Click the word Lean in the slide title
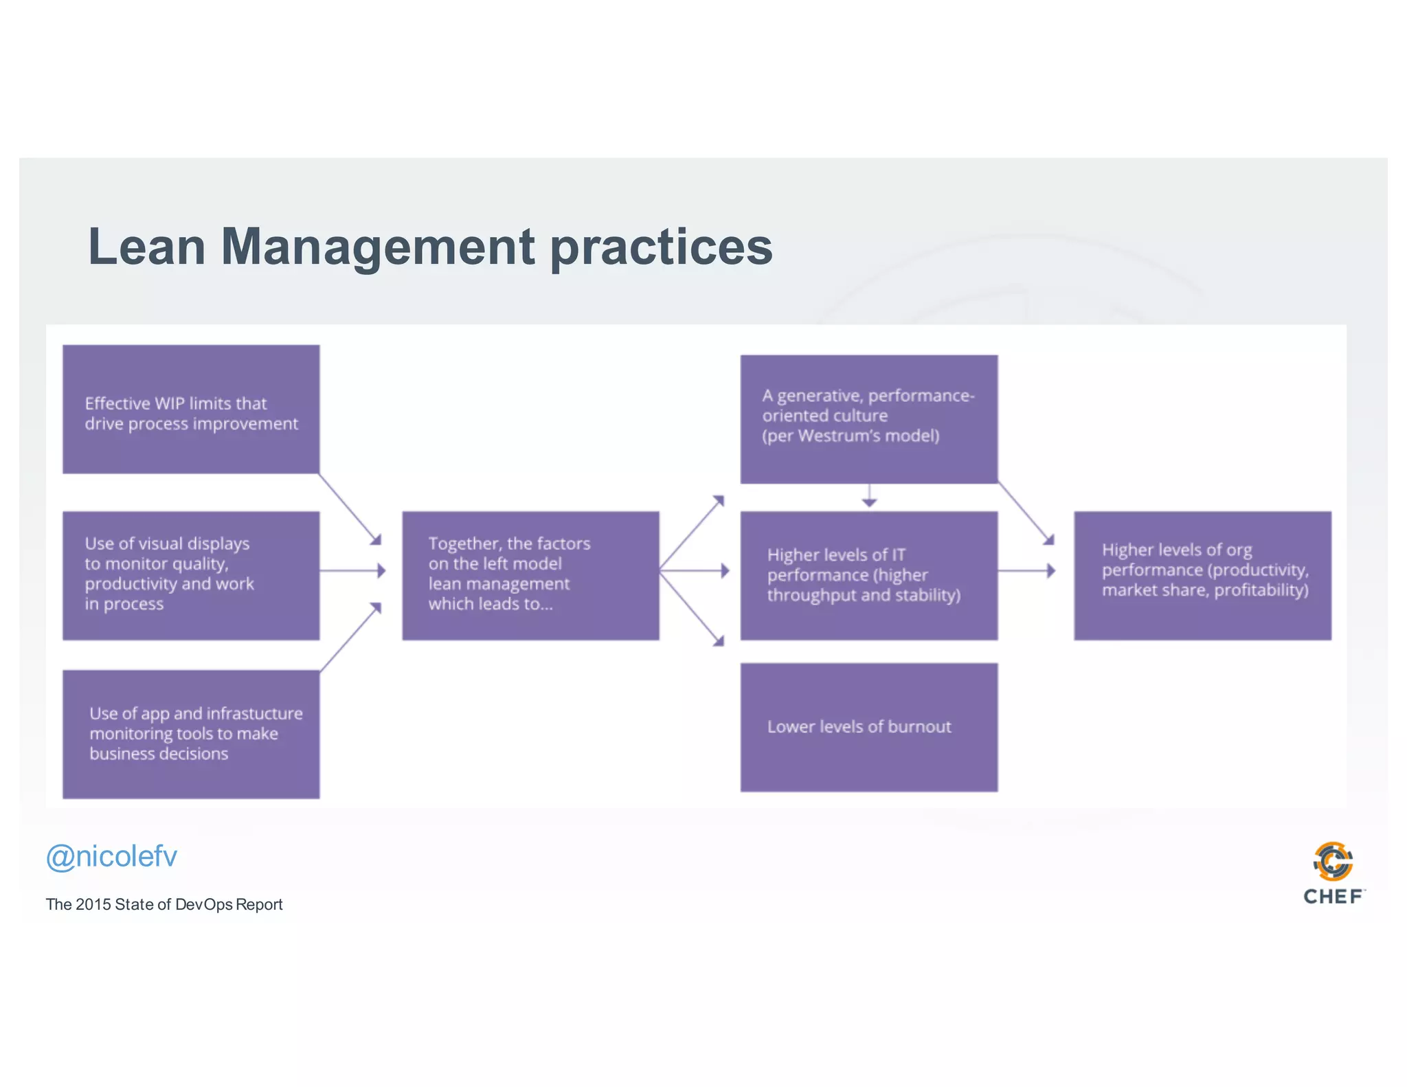coord(146,247)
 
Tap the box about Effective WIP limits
coord(191,410)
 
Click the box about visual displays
coord(191,575)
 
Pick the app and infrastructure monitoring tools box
coord(191,734)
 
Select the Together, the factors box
coord(530,575)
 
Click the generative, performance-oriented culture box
coord(868,419)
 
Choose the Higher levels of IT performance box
coord(868,575)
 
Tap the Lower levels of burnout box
coord(868,727)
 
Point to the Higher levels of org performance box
coord(1202,575)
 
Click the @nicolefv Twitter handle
coord(111,857)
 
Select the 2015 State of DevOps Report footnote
coord(164,904)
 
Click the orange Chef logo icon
coord(1333,861)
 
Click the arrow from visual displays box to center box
coord(352,570)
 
